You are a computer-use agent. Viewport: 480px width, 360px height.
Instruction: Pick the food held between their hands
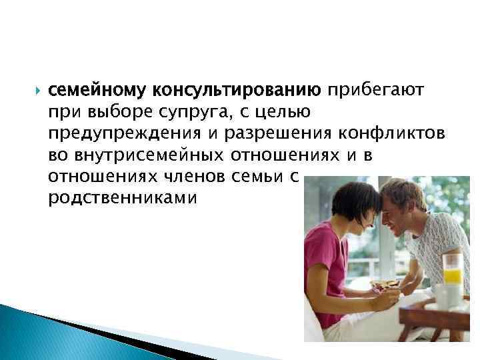(x=385, y=285)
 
